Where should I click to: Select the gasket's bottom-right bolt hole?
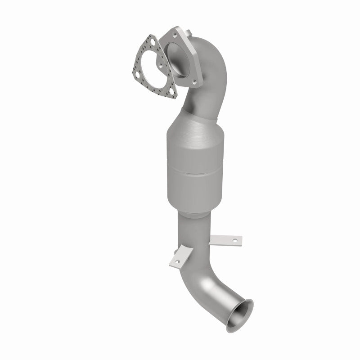click(171, 94)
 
